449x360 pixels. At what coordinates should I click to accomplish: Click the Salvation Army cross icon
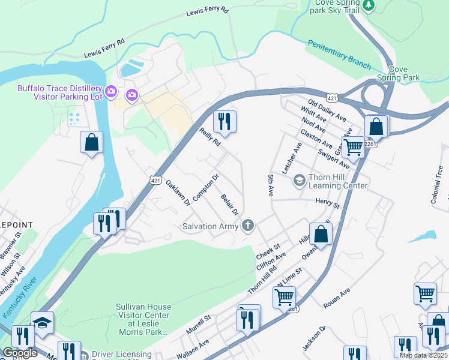point(247,226)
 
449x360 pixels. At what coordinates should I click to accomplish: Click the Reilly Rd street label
point(210,137)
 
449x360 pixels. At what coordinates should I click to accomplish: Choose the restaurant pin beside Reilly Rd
point(225,121)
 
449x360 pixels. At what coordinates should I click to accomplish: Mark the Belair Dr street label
point(229,205)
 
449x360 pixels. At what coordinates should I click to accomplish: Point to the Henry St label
point(327,205)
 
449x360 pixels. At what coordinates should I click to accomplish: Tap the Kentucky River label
point(20,298)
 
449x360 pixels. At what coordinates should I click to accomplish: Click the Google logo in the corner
point(20,353)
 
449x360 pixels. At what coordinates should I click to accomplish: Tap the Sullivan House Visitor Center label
point(143,316)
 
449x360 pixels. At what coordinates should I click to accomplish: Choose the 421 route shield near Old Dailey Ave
point(331,97)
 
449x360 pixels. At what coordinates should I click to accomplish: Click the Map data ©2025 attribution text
point(423,355)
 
